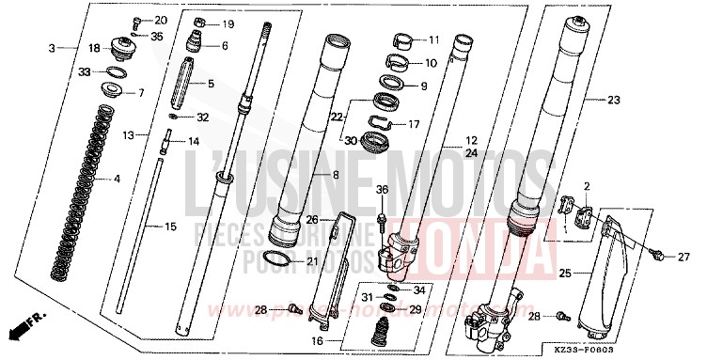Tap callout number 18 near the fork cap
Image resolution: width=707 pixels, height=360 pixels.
(94, 48)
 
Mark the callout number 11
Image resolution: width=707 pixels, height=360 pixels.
(433, 40)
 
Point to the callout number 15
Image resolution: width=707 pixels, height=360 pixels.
(170, 226)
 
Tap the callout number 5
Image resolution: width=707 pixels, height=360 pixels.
(210, 84)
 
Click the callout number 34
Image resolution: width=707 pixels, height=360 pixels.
(419, 290)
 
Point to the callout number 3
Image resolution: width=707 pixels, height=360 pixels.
(53, 45)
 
